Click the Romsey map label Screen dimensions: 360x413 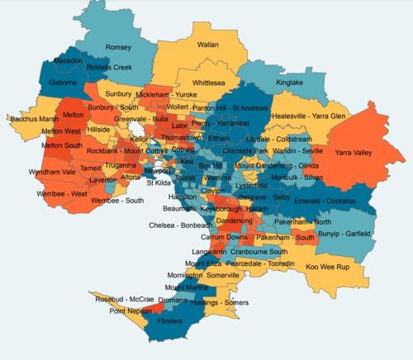pyautogui.click(x=119, y=48)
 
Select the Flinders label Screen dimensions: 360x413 pyautogui.click(x=169, y=323)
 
